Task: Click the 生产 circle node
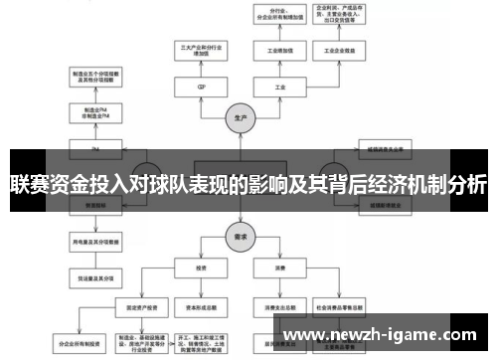click(x=241, y=115)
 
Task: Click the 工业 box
click(x=280, y=87)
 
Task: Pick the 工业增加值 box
click(x=280, y=49)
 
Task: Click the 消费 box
click(x=280, y=268)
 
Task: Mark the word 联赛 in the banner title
click(x=29, y=184)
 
